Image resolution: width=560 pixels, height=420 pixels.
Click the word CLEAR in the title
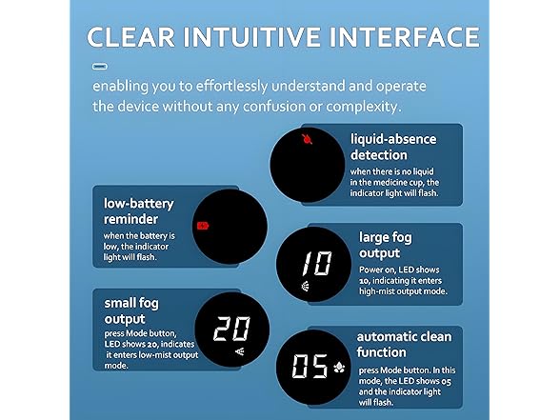click(x=131, y=37)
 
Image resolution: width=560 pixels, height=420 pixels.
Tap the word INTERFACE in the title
click(x=404, y=37)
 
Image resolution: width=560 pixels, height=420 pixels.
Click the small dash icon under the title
click(x=100, y=67)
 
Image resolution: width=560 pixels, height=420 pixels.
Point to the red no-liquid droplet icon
click(x=307, y=139)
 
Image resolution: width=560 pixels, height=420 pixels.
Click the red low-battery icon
click(x=203, y=226)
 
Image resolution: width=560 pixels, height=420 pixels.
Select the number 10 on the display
click(x=317, y=263)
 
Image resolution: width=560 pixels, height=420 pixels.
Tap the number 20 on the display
click(x=231, y=329)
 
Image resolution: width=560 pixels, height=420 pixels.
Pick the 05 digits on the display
click(x=310, y=366)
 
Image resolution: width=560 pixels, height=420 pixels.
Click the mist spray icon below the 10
click(x=306, y=286)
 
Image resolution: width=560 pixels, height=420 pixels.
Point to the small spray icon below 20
click(x=240, y=351)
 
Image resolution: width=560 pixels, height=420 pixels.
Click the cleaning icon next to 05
click(x=339, y=368)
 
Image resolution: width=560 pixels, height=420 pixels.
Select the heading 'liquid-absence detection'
click(x=393, y=147)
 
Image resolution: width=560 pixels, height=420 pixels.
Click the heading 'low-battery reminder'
click(x=139, y=211)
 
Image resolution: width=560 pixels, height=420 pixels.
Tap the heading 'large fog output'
click(x=386, y=245)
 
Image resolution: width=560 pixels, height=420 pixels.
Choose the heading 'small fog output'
click(x=131, y=311)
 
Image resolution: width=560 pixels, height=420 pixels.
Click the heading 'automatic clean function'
click(x=404, y=345)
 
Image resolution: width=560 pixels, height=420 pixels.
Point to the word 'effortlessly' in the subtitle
click(x=231, y=87)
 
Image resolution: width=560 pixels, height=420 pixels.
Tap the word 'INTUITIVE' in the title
click(x=252, y=37)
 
